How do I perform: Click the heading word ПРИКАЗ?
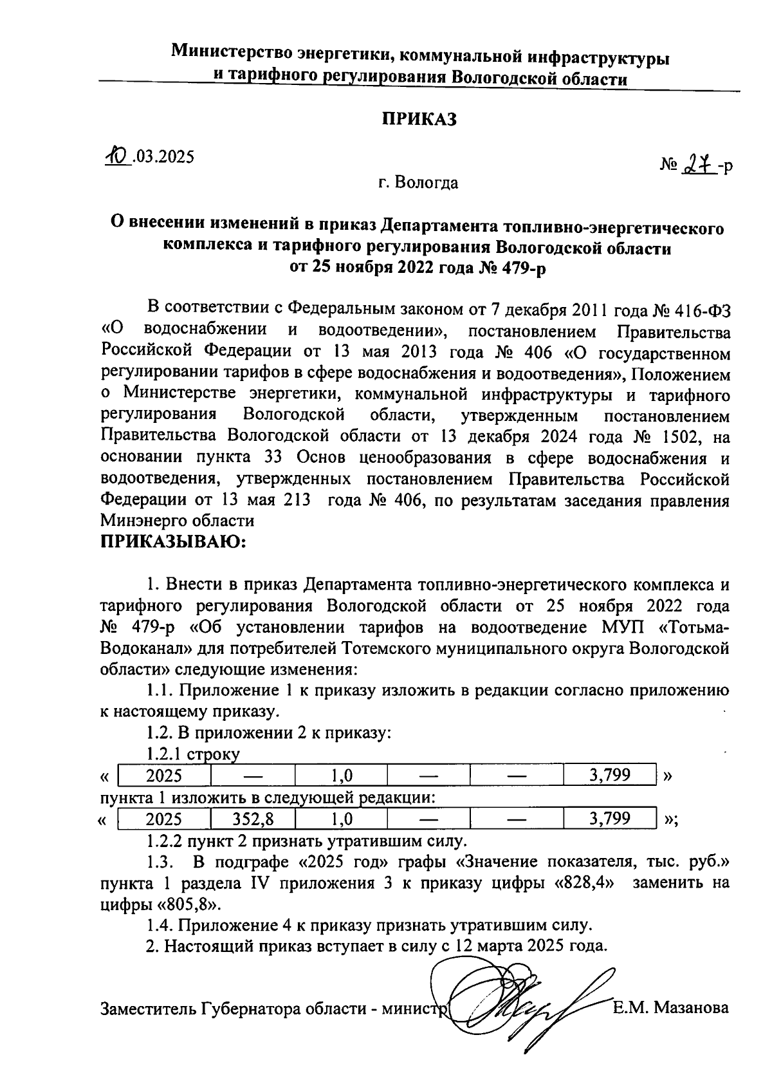(419, 119)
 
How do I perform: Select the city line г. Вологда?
(418, 183)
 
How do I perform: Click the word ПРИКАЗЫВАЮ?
(174, 542)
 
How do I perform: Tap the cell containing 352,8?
(252, 819)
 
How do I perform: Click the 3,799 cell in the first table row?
(609, 775)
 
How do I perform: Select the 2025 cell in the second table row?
(164, 819)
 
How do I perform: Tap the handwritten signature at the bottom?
(515, 1004)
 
